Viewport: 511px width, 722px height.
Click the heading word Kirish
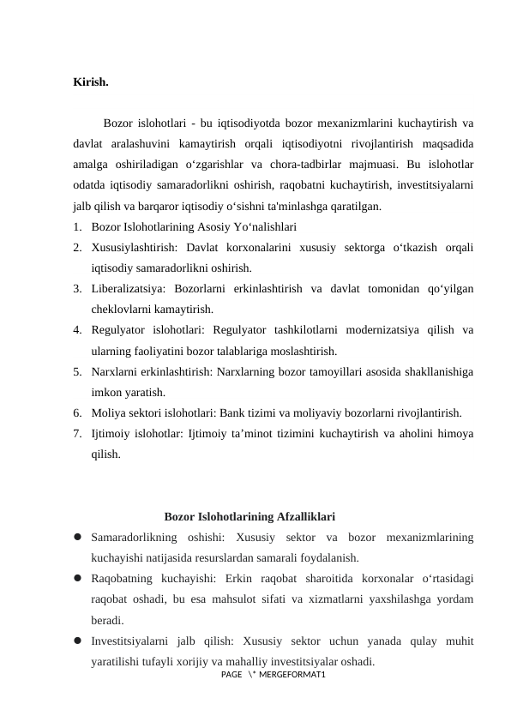[x=91, y=83]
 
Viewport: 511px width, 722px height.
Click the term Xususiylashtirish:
[x=131, y=247]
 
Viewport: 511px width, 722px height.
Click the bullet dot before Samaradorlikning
[x=77, y=538]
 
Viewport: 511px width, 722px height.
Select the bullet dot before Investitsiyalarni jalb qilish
[x=77, y=641]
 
